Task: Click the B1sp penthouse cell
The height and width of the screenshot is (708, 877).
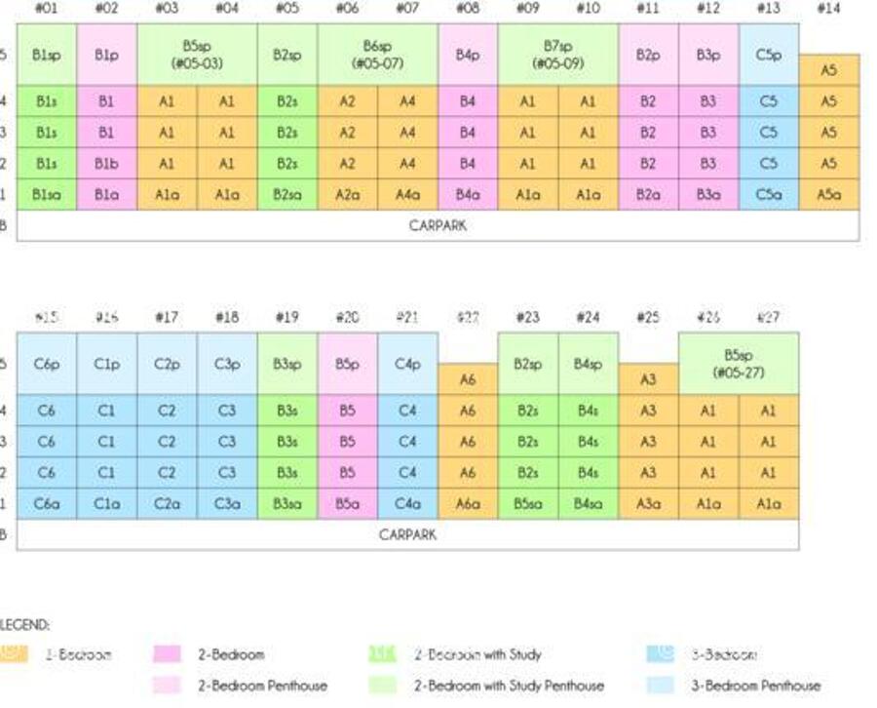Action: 47,56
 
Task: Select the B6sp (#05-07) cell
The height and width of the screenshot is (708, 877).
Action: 377,56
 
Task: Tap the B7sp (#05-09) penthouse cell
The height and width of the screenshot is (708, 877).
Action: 557,56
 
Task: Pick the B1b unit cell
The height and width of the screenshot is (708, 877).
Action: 106,164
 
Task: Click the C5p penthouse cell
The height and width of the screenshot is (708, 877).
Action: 769,56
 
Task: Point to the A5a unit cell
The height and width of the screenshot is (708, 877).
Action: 828,195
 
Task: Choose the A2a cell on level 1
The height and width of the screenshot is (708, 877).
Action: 347,195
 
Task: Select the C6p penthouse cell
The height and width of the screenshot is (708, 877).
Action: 47,364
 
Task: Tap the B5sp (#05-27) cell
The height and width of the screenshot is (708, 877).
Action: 739,364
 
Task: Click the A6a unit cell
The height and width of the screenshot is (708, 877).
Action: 468,504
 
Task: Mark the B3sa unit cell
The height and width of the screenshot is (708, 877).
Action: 287,504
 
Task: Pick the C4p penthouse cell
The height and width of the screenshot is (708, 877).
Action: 407,364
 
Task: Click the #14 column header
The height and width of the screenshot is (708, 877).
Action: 828,9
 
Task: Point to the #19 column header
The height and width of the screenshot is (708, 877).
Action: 287,317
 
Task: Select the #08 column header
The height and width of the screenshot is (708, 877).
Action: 468,9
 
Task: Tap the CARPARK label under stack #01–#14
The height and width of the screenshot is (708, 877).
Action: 438,225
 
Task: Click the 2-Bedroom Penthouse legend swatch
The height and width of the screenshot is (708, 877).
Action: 167,686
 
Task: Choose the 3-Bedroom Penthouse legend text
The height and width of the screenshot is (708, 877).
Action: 755,686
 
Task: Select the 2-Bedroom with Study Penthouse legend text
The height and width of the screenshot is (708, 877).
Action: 509,686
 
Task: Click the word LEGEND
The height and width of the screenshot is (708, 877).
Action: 25,624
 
